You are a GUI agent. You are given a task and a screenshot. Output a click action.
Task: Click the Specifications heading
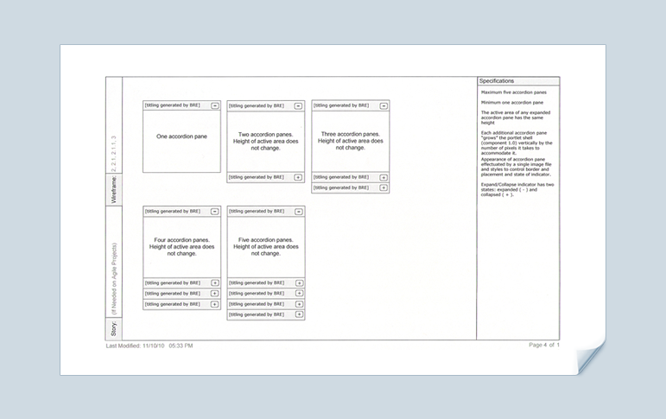tap(497, 81)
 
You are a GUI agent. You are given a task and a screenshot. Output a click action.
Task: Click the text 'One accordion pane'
tap(181, 136)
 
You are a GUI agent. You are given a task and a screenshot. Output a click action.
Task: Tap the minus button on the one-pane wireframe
tap(214, 105)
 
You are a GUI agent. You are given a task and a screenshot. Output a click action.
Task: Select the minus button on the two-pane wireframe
tap(298, 106)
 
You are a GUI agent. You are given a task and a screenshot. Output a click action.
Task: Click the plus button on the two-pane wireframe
tap(298, 177)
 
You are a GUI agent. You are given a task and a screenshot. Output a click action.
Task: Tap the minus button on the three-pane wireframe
tap(384, 105)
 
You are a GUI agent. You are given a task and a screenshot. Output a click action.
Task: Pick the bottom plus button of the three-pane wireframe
tap(384, 187)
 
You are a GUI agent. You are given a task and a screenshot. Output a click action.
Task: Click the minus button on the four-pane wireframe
tap(214, 211)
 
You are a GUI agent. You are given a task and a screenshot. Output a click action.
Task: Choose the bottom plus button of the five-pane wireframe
tap(299, 314)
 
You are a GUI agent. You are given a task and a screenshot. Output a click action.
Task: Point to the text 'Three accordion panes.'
tap(350, 134)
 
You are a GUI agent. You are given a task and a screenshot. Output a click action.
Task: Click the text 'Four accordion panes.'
tap(181, 239)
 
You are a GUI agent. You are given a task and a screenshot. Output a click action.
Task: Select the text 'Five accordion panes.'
tap(266, 239)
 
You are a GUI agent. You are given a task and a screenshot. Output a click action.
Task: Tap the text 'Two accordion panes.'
tap(266, 134)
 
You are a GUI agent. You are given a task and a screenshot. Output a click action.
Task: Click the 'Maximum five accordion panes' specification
tap(513, 92)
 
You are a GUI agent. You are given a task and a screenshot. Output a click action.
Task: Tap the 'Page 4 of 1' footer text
tap(544, 345)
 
